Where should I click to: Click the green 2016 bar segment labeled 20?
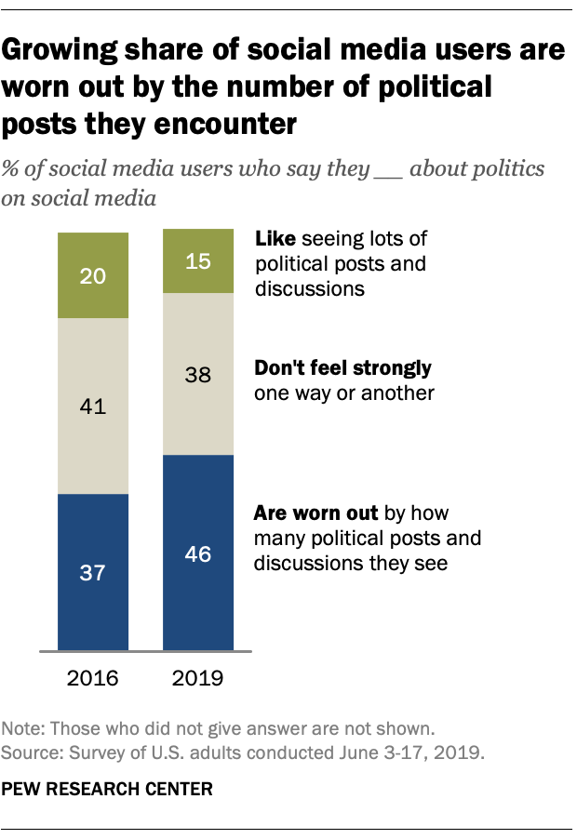(x=93, y=275)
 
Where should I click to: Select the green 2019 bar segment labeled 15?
(x=198, y=262)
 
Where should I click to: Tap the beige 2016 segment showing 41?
(x=93, y=406)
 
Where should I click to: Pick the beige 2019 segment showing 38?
(x=198, y=374)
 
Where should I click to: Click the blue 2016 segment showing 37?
(x=93, y=571)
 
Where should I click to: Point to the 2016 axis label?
(x=93, y=677)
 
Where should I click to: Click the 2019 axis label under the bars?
(x=198, y=677)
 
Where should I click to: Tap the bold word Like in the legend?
(x=274, y=239)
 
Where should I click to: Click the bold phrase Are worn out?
(x=315, y=513)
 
